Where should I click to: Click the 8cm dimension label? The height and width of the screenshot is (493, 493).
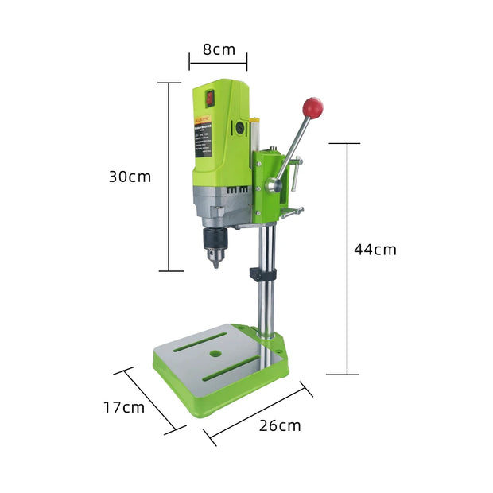tap(219, 49)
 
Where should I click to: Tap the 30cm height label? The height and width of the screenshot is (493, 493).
tap(130, 177)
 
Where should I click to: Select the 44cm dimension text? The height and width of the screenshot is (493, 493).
tap(375, 250)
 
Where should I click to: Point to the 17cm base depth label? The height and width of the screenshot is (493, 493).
tap(123, 407)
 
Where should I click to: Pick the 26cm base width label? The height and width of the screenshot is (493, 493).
tap(280, 425)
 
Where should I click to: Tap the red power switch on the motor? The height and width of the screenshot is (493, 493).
tap(210, 98)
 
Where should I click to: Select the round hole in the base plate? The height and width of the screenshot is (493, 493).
tap(215, 351)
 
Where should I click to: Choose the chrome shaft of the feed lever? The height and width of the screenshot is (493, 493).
tap(294, 147)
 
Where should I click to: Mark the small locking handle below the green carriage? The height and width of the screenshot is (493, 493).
tap(293, 212)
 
